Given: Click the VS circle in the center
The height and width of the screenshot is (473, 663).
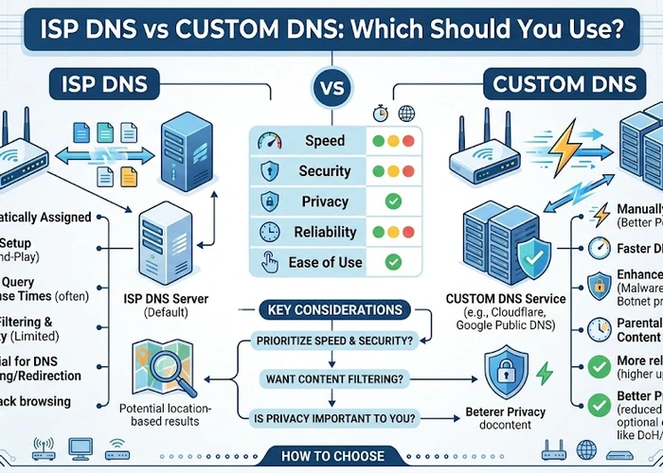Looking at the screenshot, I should pyautogui.click(x=331, y=92).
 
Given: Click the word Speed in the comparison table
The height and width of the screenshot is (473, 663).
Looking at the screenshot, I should pyautogui.click(x=325, y=141).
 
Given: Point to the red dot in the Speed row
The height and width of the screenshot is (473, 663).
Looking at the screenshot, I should pyautogui.click(x=409, y=141).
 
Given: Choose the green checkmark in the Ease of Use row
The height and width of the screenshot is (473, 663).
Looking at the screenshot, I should pyautogui.click(x=394, y=262).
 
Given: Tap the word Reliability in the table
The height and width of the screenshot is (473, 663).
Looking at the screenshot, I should pyautogui.click(x=325, y=232).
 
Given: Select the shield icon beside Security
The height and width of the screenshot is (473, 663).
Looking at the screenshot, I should pyautogui.click(x=268, y=171).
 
